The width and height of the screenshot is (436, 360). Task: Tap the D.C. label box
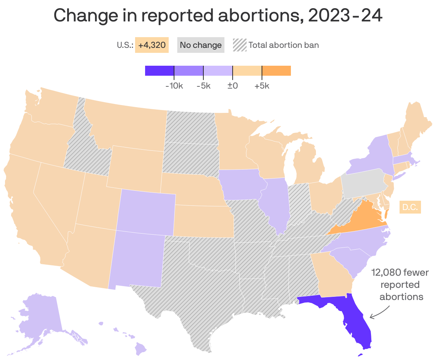[410, 207]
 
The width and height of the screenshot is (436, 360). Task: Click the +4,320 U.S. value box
[152, 45]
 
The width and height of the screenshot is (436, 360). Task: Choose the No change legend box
[200, 45]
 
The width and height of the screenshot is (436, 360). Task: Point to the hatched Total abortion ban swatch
[240, 45]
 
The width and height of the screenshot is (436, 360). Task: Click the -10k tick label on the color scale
[174, 86]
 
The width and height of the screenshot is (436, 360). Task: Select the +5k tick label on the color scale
[262, 86]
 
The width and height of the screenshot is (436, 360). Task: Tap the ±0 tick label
[233, 86]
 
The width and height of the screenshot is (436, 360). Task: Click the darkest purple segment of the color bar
[159, 71]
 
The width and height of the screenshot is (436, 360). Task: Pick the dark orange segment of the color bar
[276, 71]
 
